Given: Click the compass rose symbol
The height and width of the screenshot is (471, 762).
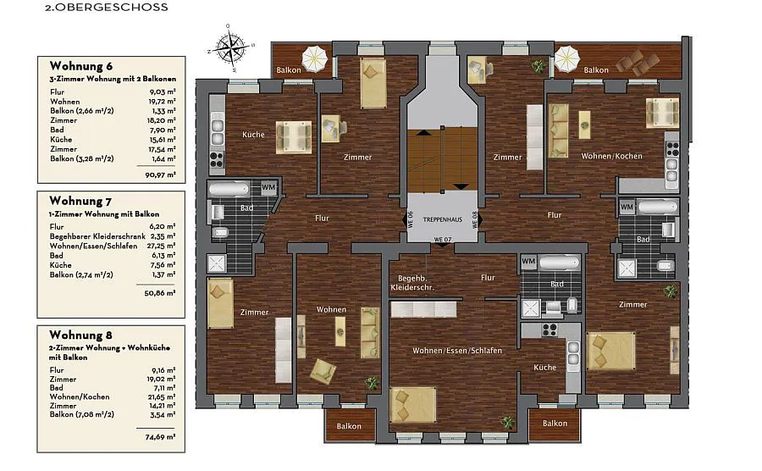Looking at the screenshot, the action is coord(231,47).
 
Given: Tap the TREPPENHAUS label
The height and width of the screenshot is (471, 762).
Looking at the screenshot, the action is coord(442,219).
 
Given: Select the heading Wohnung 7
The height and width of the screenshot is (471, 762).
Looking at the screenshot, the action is coord(80,201).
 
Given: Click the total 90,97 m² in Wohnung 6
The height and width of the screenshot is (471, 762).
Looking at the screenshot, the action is coord(160,175).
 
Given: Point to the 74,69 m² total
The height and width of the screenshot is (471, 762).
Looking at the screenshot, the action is coord(160,437).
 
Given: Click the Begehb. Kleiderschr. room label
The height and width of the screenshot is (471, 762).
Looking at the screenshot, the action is coord(412,283).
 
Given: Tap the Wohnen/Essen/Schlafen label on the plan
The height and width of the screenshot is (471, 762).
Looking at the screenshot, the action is coord(457,351).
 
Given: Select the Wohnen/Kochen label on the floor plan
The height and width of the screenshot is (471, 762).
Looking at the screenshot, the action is coord(612,156).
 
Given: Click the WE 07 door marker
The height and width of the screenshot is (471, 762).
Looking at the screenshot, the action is coord(443,240).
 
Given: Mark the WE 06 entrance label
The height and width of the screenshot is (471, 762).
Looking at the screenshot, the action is coord(411,220).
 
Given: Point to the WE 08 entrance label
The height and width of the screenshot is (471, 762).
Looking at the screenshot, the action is coord(475,219).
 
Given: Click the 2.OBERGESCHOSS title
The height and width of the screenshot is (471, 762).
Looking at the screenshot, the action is coord(107,8).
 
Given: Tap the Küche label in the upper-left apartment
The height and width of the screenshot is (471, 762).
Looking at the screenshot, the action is coord(254,135).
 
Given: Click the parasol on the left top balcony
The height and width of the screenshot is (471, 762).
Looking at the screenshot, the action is coord(315,58).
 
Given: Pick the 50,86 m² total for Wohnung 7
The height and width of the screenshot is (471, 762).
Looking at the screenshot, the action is coord(160,293).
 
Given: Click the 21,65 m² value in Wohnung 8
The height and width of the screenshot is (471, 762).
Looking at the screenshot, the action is coord(161,396).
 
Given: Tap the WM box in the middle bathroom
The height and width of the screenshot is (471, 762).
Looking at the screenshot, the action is coord(528,261).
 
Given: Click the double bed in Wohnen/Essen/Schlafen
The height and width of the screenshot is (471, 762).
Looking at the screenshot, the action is coord(412,404).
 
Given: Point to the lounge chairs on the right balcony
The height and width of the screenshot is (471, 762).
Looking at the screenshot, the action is coord(638,62).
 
